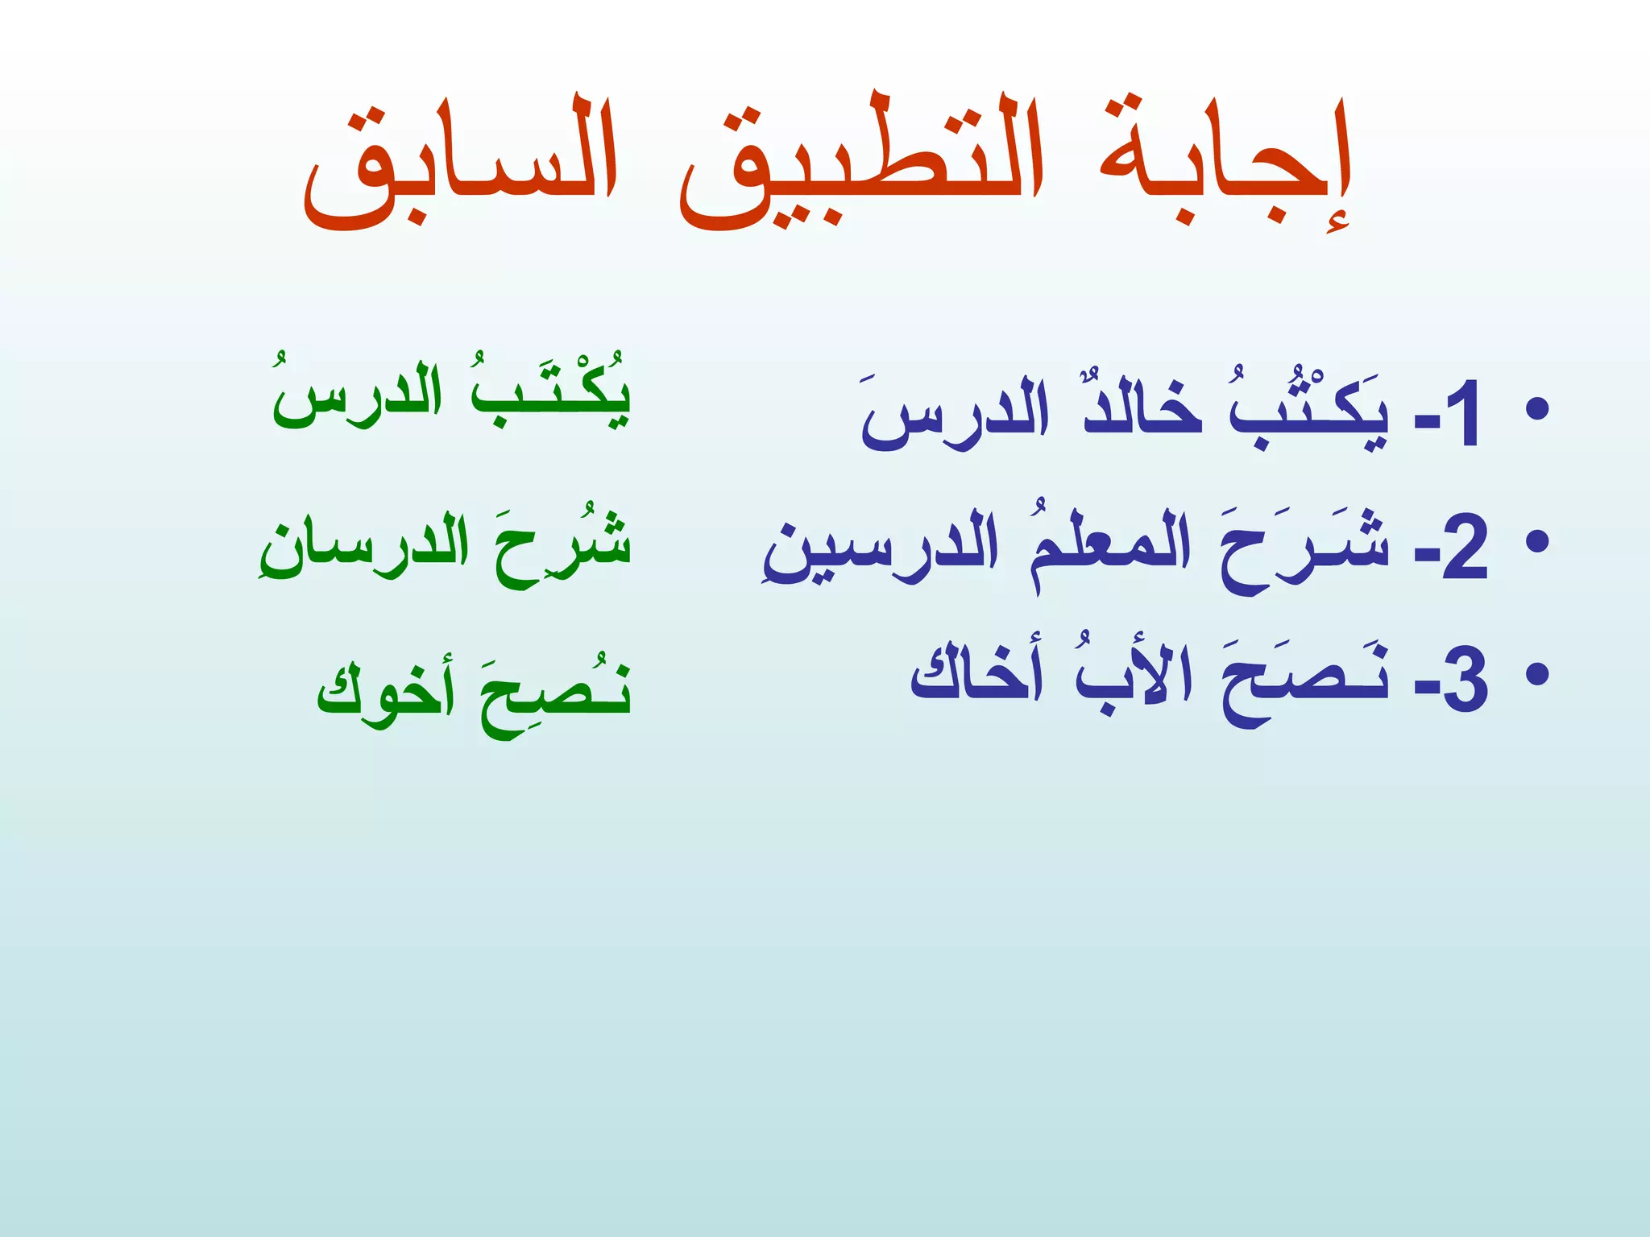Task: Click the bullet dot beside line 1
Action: pyautogui.click(x=1537, y=409)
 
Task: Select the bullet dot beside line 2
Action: pyautogui.click(x=1537, y=541)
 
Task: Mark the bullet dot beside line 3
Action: pyautogui.click(x=1537, y=673)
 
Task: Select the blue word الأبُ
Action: pyautogui.click(x=1124, y=676)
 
